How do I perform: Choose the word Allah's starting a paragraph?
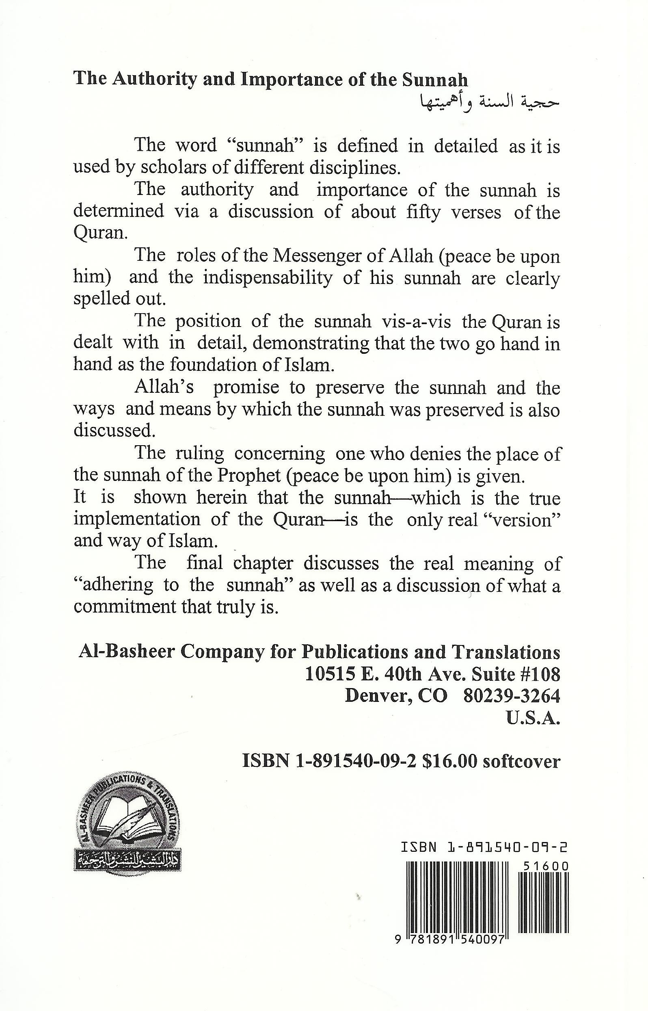[x=164, y=387]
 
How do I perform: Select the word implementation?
[x=137, y=520]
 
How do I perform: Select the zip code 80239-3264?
[x=511, y=696]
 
